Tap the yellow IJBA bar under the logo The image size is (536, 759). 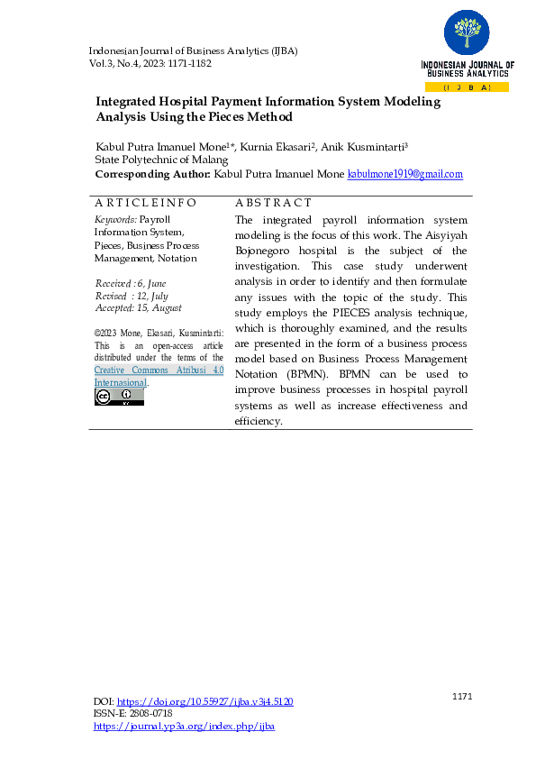click(x=466, y=87)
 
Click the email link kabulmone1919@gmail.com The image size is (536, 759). click(x=404, y=174)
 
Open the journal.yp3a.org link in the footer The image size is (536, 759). click(x=184, y=725)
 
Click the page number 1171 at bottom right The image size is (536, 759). click(x=461, y=695)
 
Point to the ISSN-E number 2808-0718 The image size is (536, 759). click(x=151, y=713)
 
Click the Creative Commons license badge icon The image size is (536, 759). click(x=119, y=397)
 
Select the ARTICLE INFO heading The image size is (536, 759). click(x=145, y=204)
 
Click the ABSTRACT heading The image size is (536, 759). click(x=273, y=204)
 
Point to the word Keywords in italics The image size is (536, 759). click(x=115, y=219)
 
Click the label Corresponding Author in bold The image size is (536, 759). click(x=152, y=174)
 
